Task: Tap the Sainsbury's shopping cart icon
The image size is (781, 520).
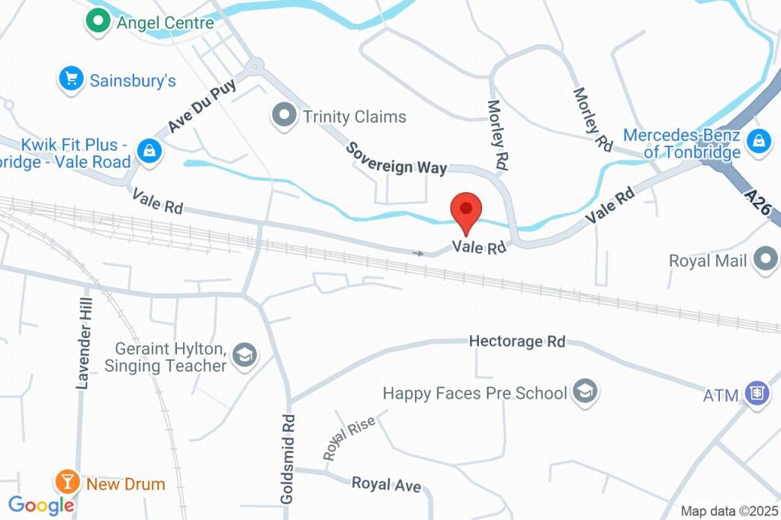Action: pyautogui.click(x=71, y=79)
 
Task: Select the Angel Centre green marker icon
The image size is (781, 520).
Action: pyautogui.click(x=97, y=22)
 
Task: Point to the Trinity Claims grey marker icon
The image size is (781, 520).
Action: pyautogui.click(x=284, y=117)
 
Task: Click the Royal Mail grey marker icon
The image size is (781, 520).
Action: pyautogui.click(x=765, y=261)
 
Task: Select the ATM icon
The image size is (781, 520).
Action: pyautogui.click(x=757, y=394)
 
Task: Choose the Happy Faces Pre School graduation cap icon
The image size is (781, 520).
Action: pyautogui.click(x=585, y=392)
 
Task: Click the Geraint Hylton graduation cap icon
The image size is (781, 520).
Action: pyautogui.click(x=245, y=355)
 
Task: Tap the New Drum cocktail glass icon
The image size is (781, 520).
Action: pyautogui.click(x=67, y=482)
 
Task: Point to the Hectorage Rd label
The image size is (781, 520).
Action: pyautogui.click(x=517, y=342)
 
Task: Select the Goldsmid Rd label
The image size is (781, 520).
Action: pyautogui.click(x=288, y=458)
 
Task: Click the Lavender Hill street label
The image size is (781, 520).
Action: pyautogui.click(x=85, y=342)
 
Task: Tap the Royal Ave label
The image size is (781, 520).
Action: pyautogui.click(x=386, y=485)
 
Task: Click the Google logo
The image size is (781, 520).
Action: pyautogui.click(x=41, y=504)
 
